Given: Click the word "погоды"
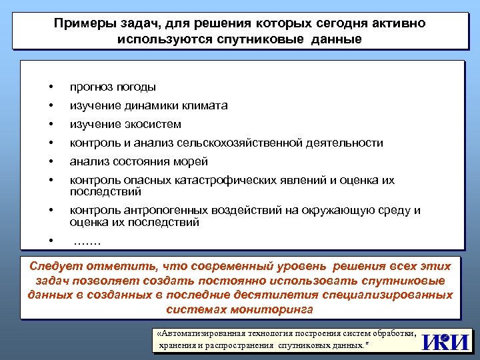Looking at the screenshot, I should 136,87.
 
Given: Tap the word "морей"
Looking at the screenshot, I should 193,161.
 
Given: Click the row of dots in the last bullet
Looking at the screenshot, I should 87,242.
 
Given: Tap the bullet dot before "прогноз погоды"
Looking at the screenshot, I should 50,87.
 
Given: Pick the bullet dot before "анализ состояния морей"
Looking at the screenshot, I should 50,161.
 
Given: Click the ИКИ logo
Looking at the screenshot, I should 445,341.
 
